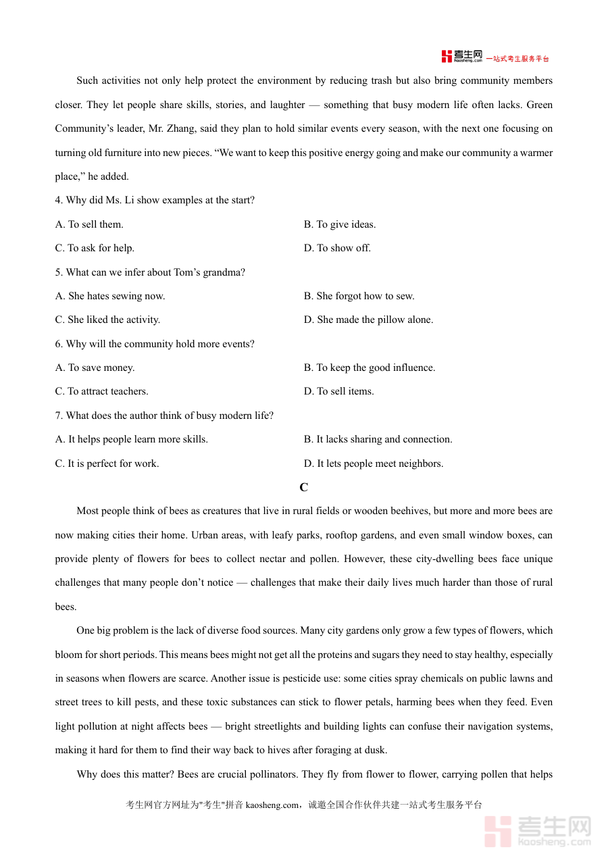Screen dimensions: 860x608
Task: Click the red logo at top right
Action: (461, 56)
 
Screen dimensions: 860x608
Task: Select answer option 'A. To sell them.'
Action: (89, 224)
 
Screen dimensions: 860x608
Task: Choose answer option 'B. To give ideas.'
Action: (339, 224)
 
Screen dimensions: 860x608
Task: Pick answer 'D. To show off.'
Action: (337, 248)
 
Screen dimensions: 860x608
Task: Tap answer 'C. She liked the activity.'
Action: (107, 320)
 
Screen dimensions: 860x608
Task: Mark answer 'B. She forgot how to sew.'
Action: (359, 296)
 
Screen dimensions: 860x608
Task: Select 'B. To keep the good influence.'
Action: (369, 368)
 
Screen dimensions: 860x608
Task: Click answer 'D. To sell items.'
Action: (338, 391)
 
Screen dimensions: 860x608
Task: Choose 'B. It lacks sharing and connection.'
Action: (378, 439)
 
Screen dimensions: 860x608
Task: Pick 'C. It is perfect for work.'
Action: (107, 463)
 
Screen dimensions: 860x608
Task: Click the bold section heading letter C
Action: (304, 487)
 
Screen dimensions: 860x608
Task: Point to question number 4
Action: (59, 200)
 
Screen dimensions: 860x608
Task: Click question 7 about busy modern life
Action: (164, 415)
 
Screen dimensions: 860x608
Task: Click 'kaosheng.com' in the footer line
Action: (272, 805)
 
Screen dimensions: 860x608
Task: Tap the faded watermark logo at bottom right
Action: (538, 831)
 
